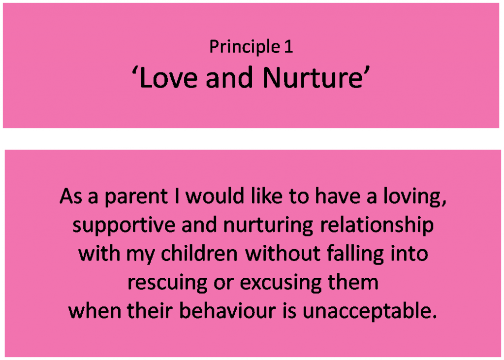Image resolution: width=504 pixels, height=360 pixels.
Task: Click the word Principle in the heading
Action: pos(245,47)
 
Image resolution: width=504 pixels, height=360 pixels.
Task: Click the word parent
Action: pos(136,197)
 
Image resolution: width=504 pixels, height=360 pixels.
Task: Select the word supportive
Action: pos(124,225)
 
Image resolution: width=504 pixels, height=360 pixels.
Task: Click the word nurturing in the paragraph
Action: pos(268,225)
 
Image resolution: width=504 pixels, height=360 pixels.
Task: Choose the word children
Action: pos(199,253)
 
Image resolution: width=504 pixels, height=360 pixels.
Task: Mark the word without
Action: pos(283,253)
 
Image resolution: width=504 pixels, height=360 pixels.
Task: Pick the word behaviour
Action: pos(227,311)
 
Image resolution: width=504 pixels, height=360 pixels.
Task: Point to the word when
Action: pos(94,311)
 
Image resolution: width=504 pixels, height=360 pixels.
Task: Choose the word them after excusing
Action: pos(353,282)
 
